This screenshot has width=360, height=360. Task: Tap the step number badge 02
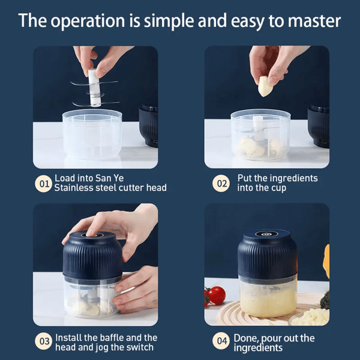(222, 184)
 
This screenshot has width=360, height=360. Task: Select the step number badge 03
(44, 342)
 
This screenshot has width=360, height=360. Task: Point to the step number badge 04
(222, 342)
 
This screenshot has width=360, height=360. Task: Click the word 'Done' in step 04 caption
(247, 338)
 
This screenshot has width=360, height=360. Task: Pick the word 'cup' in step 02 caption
(279, 188)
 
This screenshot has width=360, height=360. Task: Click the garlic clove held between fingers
(265, 88)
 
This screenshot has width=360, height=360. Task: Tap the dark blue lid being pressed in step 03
(93, 253)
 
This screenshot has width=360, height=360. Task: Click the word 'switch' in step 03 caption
(142, 347)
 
